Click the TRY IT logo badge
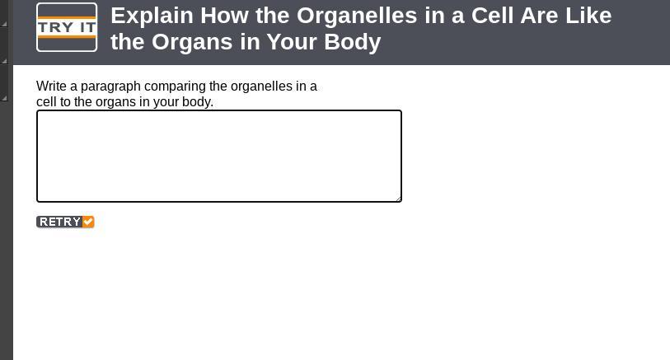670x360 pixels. pyautogui.click(x=67, y=27)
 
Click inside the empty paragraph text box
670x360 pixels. pyautogui.click(x=218, y=156)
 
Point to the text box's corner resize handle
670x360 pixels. pyautogui.click(x=398, y=199)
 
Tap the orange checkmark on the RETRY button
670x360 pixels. pyautogui.click(x=88, y=222)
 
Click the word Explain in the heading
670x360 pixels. pyautogui.click(x=152, y=16)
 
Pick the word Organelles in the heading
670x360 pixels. pyautogui.click(x=357, y=16)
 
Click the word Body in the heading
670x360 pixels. pyautogui.click(x=352, y=43)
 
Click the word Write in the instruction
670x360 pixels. pyautogui.click(x=51, y=86)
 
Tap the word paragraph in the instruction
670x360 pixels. pyautogui.click(x=110, y=86)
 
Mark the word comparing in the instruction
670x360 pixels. pyautogui.click(x=176, y=86)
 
